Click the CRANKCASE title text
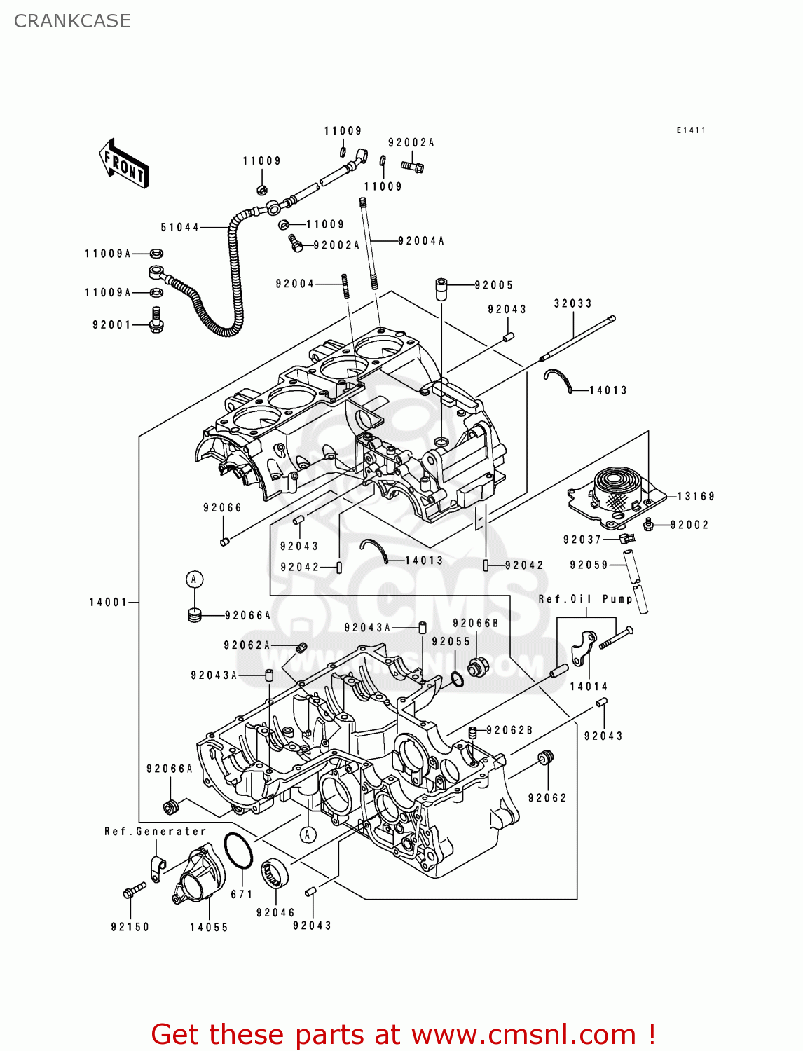pos(72,21)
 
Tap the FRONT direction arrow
pos(125,164)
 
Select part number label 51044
pos(179,227)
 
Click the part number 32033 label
pos(572,303)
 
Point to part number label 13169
pos(695,496)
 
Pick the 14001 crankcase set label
pos(108,602)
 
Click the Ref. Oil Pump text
pos(585,599)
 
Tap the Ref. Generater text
pos(155,832)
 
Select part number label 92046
pos(275,912)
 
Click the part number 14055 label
pos(209,927)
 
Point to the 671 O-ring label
pos(241,894)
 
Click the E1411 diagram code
pos(691,130)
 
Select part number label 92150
pos(130,927)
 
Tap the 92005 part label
pos(493,285)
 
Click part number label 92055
pos(451,641)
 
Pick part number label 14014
pos(589,687)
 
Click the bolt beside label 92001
pos(156,320)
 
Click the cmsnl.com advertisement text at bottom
pos(403,1034)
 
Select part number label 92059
pos(589,565)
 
